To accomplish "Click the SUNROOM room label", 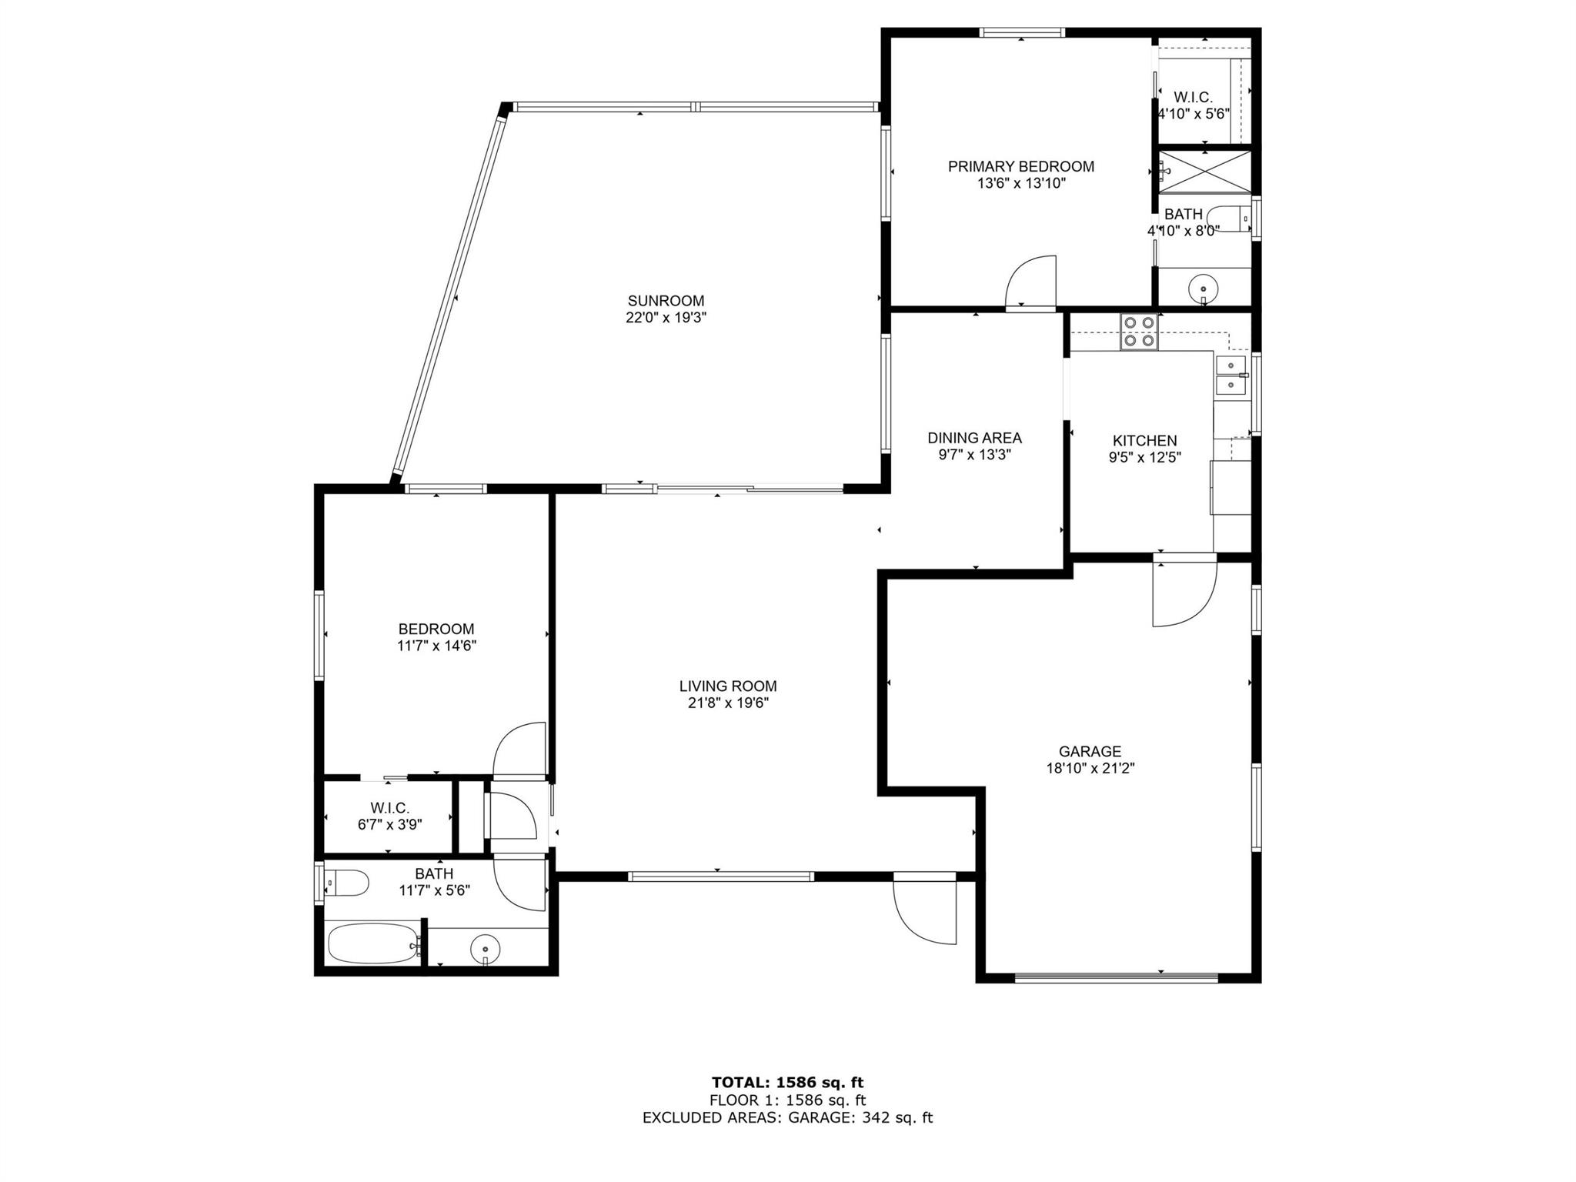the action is coord(666,301).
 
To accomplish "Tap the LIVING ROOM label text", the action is coord(728,686).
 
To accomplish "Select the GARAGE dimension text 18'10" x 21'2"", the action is coord(1090,768).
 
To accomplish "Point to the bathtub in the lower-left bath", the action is coord(373,943).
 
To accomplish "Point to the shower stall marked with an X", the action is coord(1206,172).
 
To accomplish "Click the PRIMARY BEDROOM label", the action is coord(1021,166).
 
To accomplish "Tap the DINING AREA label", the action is coord(974,438).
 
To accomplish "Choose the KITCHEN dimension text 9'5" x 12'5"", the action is coord(1145,457).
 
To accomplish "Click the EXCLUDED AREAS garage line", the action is coord(787,1117).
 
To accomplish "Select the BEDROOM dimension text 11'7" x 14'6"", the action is coord(436,646).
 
